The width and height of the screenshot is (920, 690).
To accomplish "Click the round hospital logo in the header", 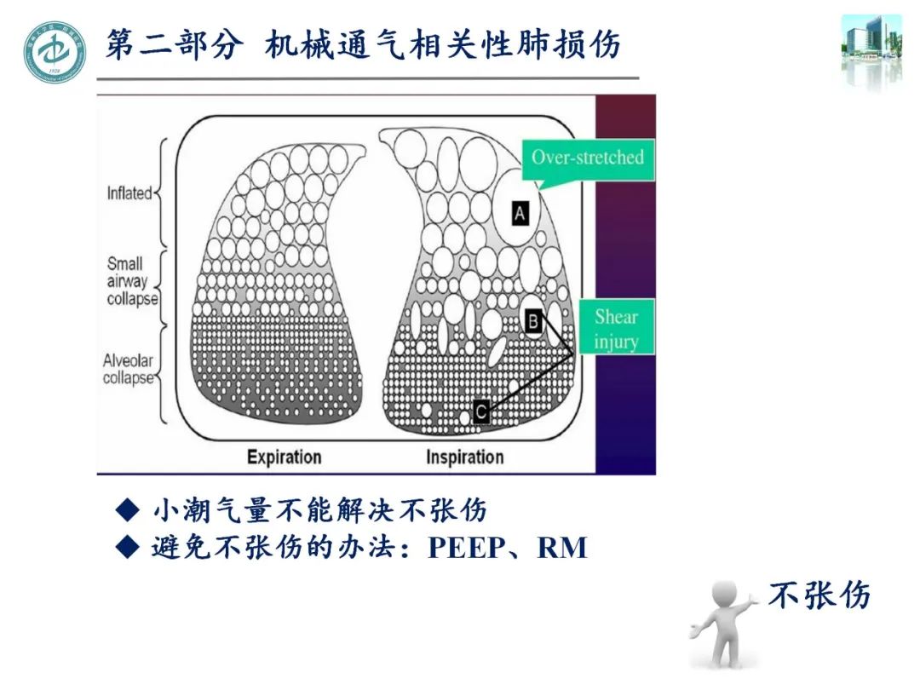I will point(55,52).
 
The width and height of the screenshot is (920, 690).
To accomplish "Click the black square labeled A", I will point(520,213).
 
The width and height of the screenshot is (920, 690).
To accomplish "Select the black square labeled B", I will point(533,320).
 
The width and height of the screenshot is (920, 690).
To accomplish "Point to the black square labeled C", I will point(480,413).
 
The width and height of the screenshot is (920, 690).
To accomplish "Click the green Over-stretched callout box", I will point(588,158).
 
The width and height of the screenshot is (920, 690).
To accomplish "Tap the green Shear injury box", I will point(616,329).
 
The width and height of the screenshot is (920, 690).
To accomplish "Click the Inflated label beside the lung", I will point(129,193).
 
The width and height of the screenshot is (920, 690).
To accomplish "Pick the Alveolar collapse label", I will point(129,369).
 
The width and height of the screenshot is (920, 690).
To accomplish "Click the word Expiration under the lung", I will point(284,457).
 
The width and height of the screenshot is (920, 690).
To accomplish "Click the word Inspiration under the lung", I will point(464,457).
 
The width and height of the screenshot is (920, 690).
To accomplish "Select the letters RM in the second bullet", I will point(562,547).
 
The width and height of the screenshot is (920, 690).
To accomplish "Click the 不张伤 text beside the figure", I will point(819,595).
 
